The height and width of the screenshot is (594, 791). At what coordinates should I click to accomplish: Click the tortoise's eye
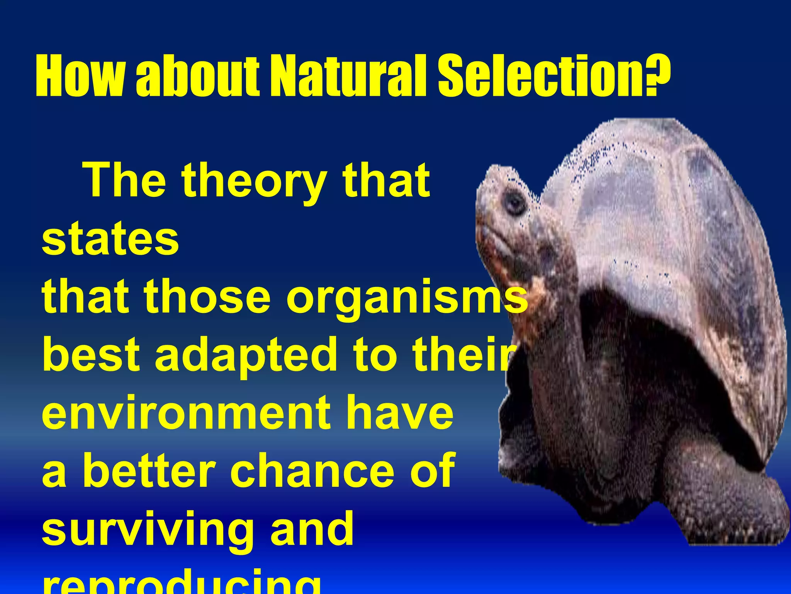click(x=515, y=202)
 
